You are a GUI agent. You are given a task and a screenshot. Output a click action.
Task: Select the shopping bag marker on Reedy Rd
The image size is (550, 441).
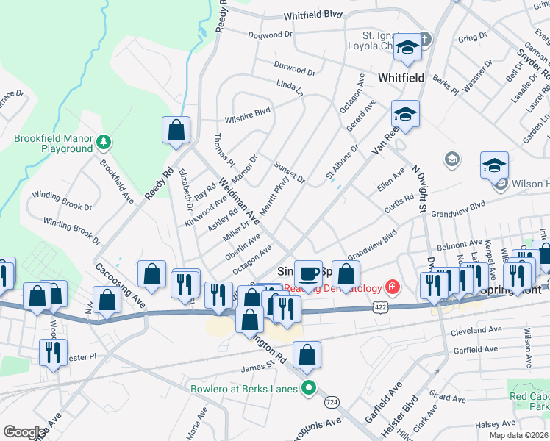pyautogui.click(x=176, y=132)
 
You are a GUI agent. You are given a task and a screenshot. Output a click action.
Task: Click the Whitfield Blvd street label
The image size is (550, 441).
pyautogui.click(x=313, y=15)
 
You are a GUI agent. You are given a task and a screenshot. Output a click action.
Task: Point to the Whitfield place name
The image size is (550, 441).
pyautogui.click(x=400, y=76)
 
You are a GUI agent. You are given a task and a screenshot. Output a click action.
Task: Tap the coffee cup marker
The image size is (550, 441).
pyautogui.click(x=309, y=273)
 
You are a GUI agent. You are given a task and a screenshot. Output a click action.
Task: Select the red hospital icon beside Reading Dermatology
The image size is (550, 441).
pyautogui.click(x=393, y=286)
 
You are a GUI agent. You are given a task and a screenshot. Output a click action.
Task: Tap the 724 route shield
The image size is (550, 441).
pyautogui.click(x=332, y=403)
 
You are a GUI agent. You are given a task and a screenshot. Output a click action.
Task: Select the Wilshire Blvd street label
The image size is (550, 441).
pyautogui.click(x=248, y=113)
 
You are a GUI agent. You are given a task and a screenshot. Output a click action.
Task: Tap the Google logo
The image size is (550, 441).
pyautogui.click(x=24, y=431)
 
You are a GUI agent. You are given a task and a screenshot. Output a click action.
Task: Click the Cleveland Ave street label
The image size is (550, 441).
pyautogui.click(x=477, y=330)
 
